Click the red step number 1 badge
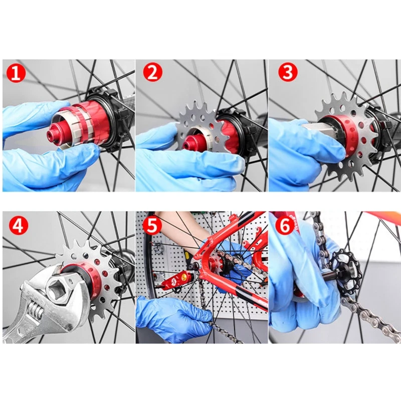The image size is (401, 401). (16, 73)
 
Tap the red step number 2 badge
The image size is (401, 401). (153, 73)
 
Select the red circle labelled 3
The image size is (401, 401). (287, 73)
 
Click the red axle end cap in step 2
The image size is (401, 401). (189, 144)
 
